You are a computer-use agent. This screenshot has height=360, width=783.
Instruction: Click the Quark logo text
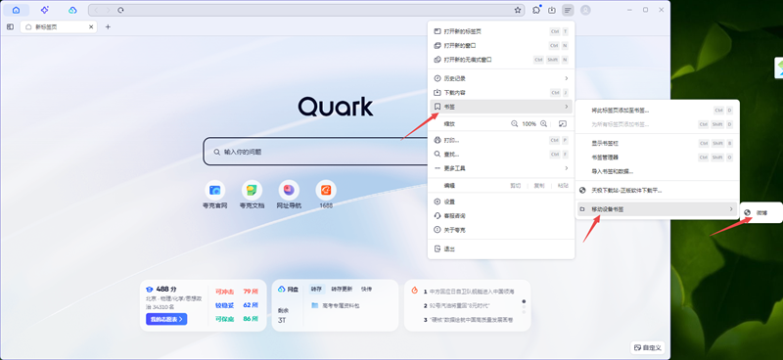pyautogui.click(x=336, y=106)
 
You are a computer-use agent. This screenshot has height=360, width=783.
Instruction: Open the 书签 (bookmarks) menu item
pyautogui.click(x=450, y=106)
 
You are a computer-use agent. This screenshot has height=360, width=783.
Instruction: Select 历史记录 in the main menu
pyautogui.click(x=455, y=78)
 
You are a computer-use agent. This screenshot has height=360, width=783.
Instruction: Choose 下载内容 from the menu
pyautogui.click(x=455, y=92)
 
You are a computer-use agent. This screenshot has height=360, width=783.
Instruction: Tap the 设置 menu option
pyautogui.click(x=449, y=202)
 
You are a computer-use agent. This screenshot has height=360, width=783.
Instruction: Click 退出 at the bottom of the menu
pyautogui.click(x=449, y=248)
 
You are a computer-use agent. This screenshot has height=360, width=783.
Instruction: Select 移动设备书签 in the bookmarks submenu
pyautogui.click(x=614, y=208)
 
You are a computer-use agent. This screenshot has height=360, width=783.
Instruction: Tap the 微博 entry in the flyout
pyautogui.click(x=761, y=212)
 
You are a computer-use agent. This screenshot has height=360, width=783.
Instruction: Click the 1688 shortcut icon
pyautogui.click(x=325, y=189)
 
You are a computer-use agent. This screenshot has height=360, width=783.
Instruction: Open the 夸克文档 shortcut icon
pyautogui.click(x=251, y=189)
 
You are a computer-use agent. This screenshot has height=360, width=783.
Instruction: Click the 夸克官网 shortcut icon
pyautogui.click(x=215, y=189)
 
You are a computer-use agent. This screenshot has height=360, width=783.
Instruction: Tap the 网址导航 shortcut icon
pyautogui.click(x=288, y=189)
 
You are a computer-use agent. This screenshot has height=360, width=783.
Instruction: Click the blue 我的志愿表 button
pyautogui.click(x=166, y=319)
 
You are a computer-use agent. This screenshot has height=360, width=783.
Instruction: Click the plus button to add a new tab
pyautogui.click(x=108, y=26)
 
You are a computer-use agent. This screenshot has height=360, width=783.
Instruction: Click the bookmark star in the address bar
pyautogui.click(x=517, y=10)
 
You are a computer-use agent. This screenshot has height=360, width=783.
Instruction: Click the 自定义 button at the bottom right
pyautogui.click(x=648, y=346)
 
